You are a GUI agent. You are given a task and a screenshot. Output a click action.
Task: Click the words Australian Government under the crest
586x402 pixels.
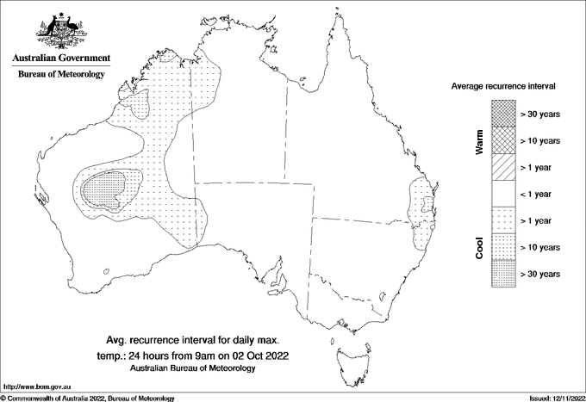(61, 59)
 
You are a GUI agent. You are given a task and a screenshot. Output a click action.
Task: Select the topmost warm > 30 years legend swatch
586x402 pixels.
(503, 113)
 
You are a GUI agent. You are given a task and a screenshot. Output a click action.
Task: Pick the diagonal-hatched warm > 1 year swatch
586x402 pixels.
(503, 167)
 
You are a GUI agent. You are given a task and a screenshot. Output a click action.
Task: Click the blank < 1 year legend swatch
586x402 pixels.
(503, 193)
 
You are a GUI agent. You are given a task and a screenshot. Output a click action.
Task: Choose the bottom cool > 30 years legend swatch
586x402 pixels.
(503, 273)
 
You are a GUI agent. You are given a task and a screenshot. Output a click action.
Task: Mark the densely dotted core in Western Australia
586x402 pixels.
(107, 188)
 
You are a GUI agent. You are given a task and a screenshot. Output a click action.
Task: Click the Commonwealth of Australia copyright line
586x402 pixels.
(88, 398)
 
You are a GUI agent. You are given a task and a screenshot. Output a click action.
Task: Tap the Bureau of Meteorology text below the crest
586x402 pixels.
(61, 75)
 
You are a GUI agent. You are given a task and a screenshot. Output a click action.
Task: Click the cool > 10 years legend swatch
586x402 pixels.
(503, 246)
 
